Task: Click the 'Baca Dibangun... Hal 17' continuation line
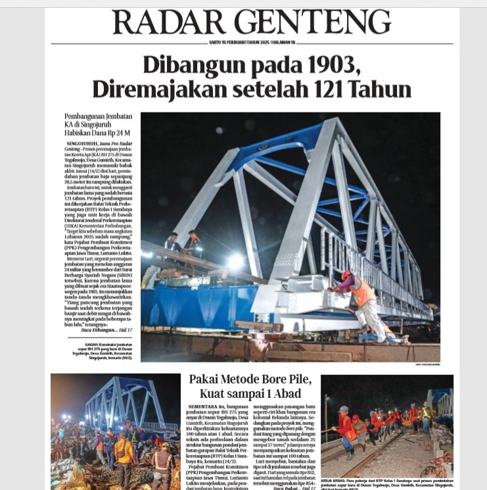coord(109,329)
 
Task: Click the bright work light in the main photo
coord(235,261)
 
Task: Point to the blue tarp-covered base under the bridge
coord(197,306)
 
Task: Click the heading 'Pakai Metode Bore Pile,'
coord(250,380)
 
